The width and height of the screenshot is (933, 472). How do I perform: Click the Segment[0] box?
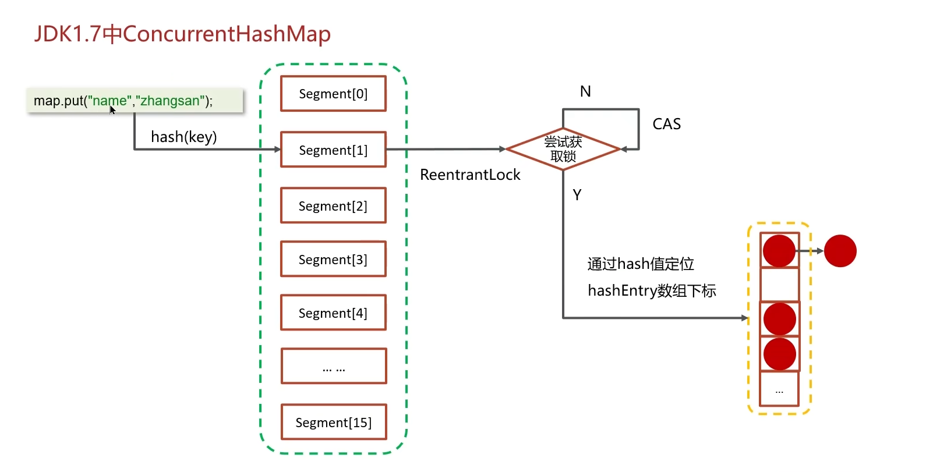333,94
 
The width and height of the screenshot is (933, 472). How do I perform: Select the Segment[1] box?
333,150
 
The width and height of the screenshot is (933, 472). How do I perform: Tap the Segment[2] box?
333,205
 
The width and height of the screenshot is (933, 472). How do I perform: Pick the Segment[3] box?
333,259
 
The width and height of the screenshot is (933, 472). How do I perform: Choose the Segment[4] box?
333,313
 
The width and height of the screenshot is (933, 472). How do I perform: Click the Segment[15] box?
334,422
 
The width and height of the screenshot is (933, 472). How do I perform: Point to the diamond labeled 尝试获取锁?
563,149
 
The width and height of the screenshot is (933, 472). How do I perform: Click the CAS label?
666,124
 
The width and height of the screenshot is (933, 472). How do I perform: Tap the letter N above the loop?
585,91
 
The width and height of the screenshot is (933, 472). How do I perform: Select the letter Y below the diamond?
577,195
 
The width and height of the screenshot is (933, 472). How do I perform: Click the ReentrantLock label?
470,175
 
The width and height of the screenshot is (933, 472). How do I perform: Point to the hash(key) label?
183,137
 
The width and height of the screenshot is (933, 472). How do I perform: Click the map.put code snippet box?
135,100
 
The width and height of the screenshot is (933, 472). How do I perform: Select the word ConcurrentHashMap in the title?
227,34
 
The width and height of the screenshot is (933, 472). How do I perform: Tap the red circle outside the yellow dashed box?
840,251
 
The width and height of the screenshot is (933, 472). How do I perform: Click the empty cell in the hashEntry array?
779,284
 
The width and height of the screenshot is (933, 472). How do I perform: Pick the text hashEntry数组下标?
652,290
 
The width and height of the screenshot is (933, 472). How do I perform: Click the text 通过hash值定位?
641,264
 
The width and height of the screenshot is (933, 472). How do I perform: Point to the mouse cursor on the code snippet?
112,110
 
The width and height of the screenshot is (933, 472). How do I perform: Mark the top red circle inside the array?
779,251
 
